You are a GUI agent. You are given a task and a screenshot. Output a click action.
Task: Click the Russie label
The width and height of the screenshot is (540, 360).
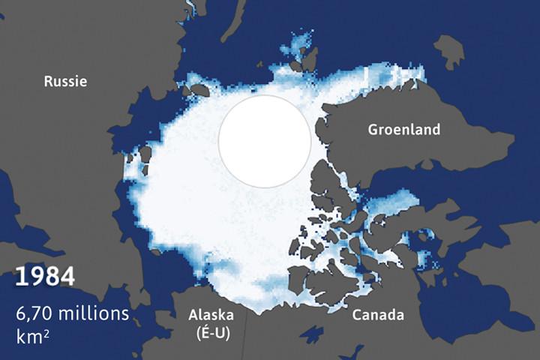(65, 81)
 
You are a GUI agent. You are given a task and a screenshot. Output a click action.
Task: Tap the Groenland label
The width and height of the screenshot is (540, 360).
(403, 130)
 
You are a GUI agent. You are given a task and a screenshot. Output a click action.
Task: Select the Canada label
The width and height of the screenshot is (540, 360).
(379, 313)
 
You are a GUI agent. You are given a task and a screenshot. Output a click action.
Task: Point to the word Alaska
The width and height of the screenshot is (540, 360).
(210, 313)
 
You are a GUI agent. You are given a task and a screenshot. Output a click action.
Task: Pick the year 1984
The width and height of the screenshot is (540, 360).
(45, 276)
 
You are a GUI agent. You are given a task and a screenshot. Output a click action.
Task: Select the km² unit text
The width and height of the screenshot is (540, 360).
(31, 335)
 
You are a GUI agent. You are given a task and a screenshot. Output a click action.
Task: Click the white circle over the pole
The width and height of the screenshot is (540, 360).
(265, 141)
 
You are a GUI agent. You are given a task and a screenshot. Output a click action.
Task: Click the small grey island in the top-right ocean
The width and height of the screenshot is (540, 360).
(448, 52)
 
